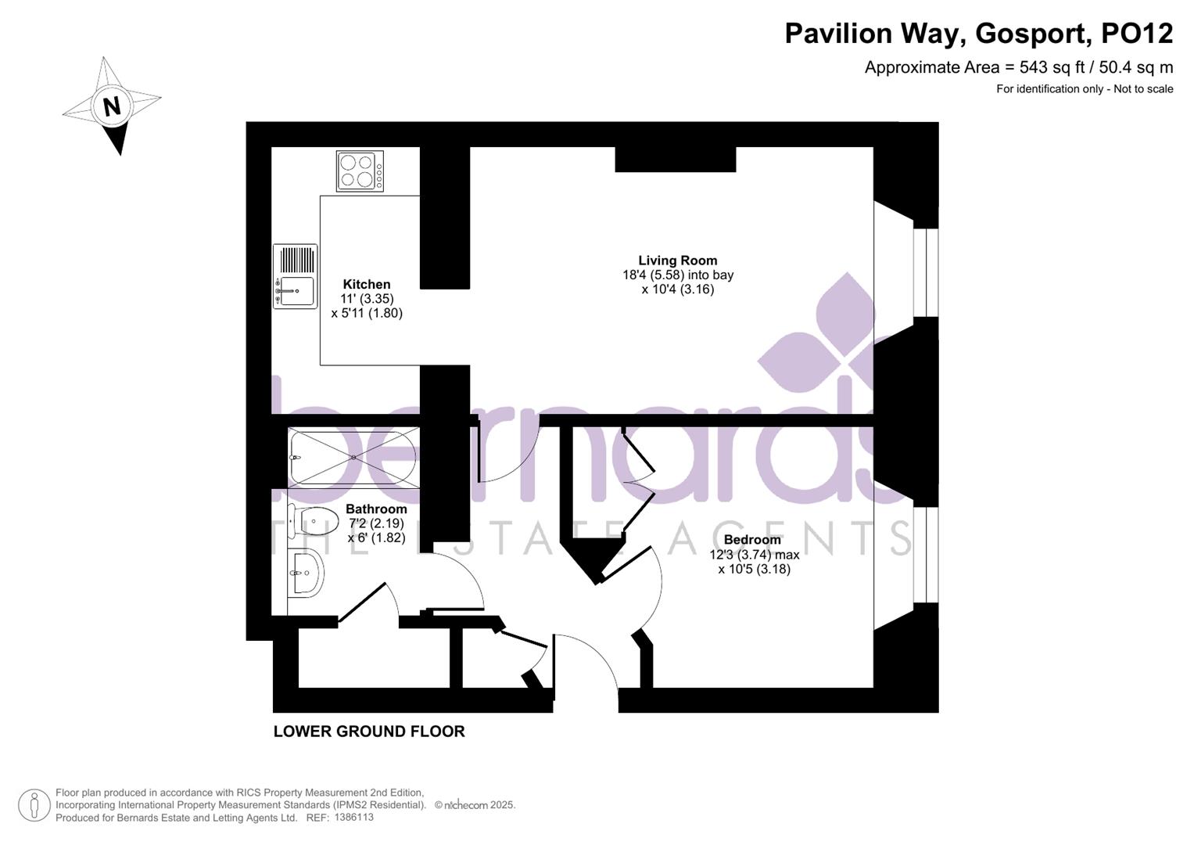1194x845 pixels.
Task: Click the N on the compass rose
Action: tap(112, 106)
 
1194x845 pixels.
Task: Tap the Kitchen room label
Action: tap(367, 285)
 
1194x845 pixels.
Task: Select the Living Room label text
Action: tap(677, 261)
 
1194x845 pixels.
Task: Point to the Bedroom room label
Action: tap(752, 540)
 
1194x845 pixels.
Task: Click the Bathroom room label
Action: tap(376, 509)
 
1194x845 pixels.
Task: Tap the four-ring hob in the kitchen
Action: tap(360, 171)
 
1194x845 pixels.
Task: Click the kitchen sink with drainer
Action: tap(295, 276)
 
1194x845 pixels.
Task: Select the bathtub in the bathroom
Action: tap(353, 457)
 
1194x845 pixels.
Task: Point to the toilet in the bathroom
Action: tap(313, 520)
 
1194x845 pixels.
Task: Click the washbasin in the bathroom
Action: tap(304, 572)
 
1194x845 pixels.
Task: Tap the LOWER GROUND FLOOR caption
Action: tap(369, 732)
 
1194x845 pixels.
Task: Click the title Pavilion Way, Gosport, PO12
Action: tap(978, 34)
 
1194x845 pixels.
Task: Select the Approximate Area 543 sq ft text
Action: tap(1018, 67)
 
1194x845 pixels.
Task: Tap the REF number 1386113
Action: tap(353, 818)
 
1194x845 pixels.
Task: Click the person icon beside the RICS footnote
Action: tap(34, 805)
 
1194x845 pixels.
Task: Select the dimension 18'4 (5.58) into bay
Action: tap(677, 275)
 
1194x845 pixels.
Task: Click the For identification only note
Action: tap(1084, 89)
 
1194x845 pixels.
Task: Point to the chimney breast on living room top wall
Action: tap(676, 159)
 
